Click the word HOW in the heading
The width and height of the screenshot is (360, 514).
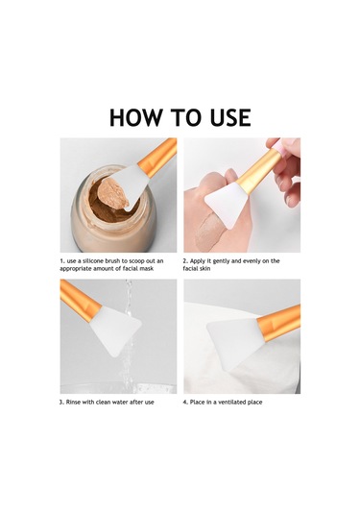click(x=135, y=117)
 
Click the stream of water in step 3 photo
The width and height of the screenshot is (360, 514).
click(x=129, y=334)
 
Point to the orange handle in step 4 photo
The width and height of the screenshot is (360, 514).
click(x=279, y=323)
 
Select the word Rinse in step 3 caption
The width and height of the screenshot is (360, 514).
click(x=73, y=402)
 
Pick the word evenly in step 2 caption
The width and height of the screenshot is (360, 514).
click(x=252, y=261)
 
